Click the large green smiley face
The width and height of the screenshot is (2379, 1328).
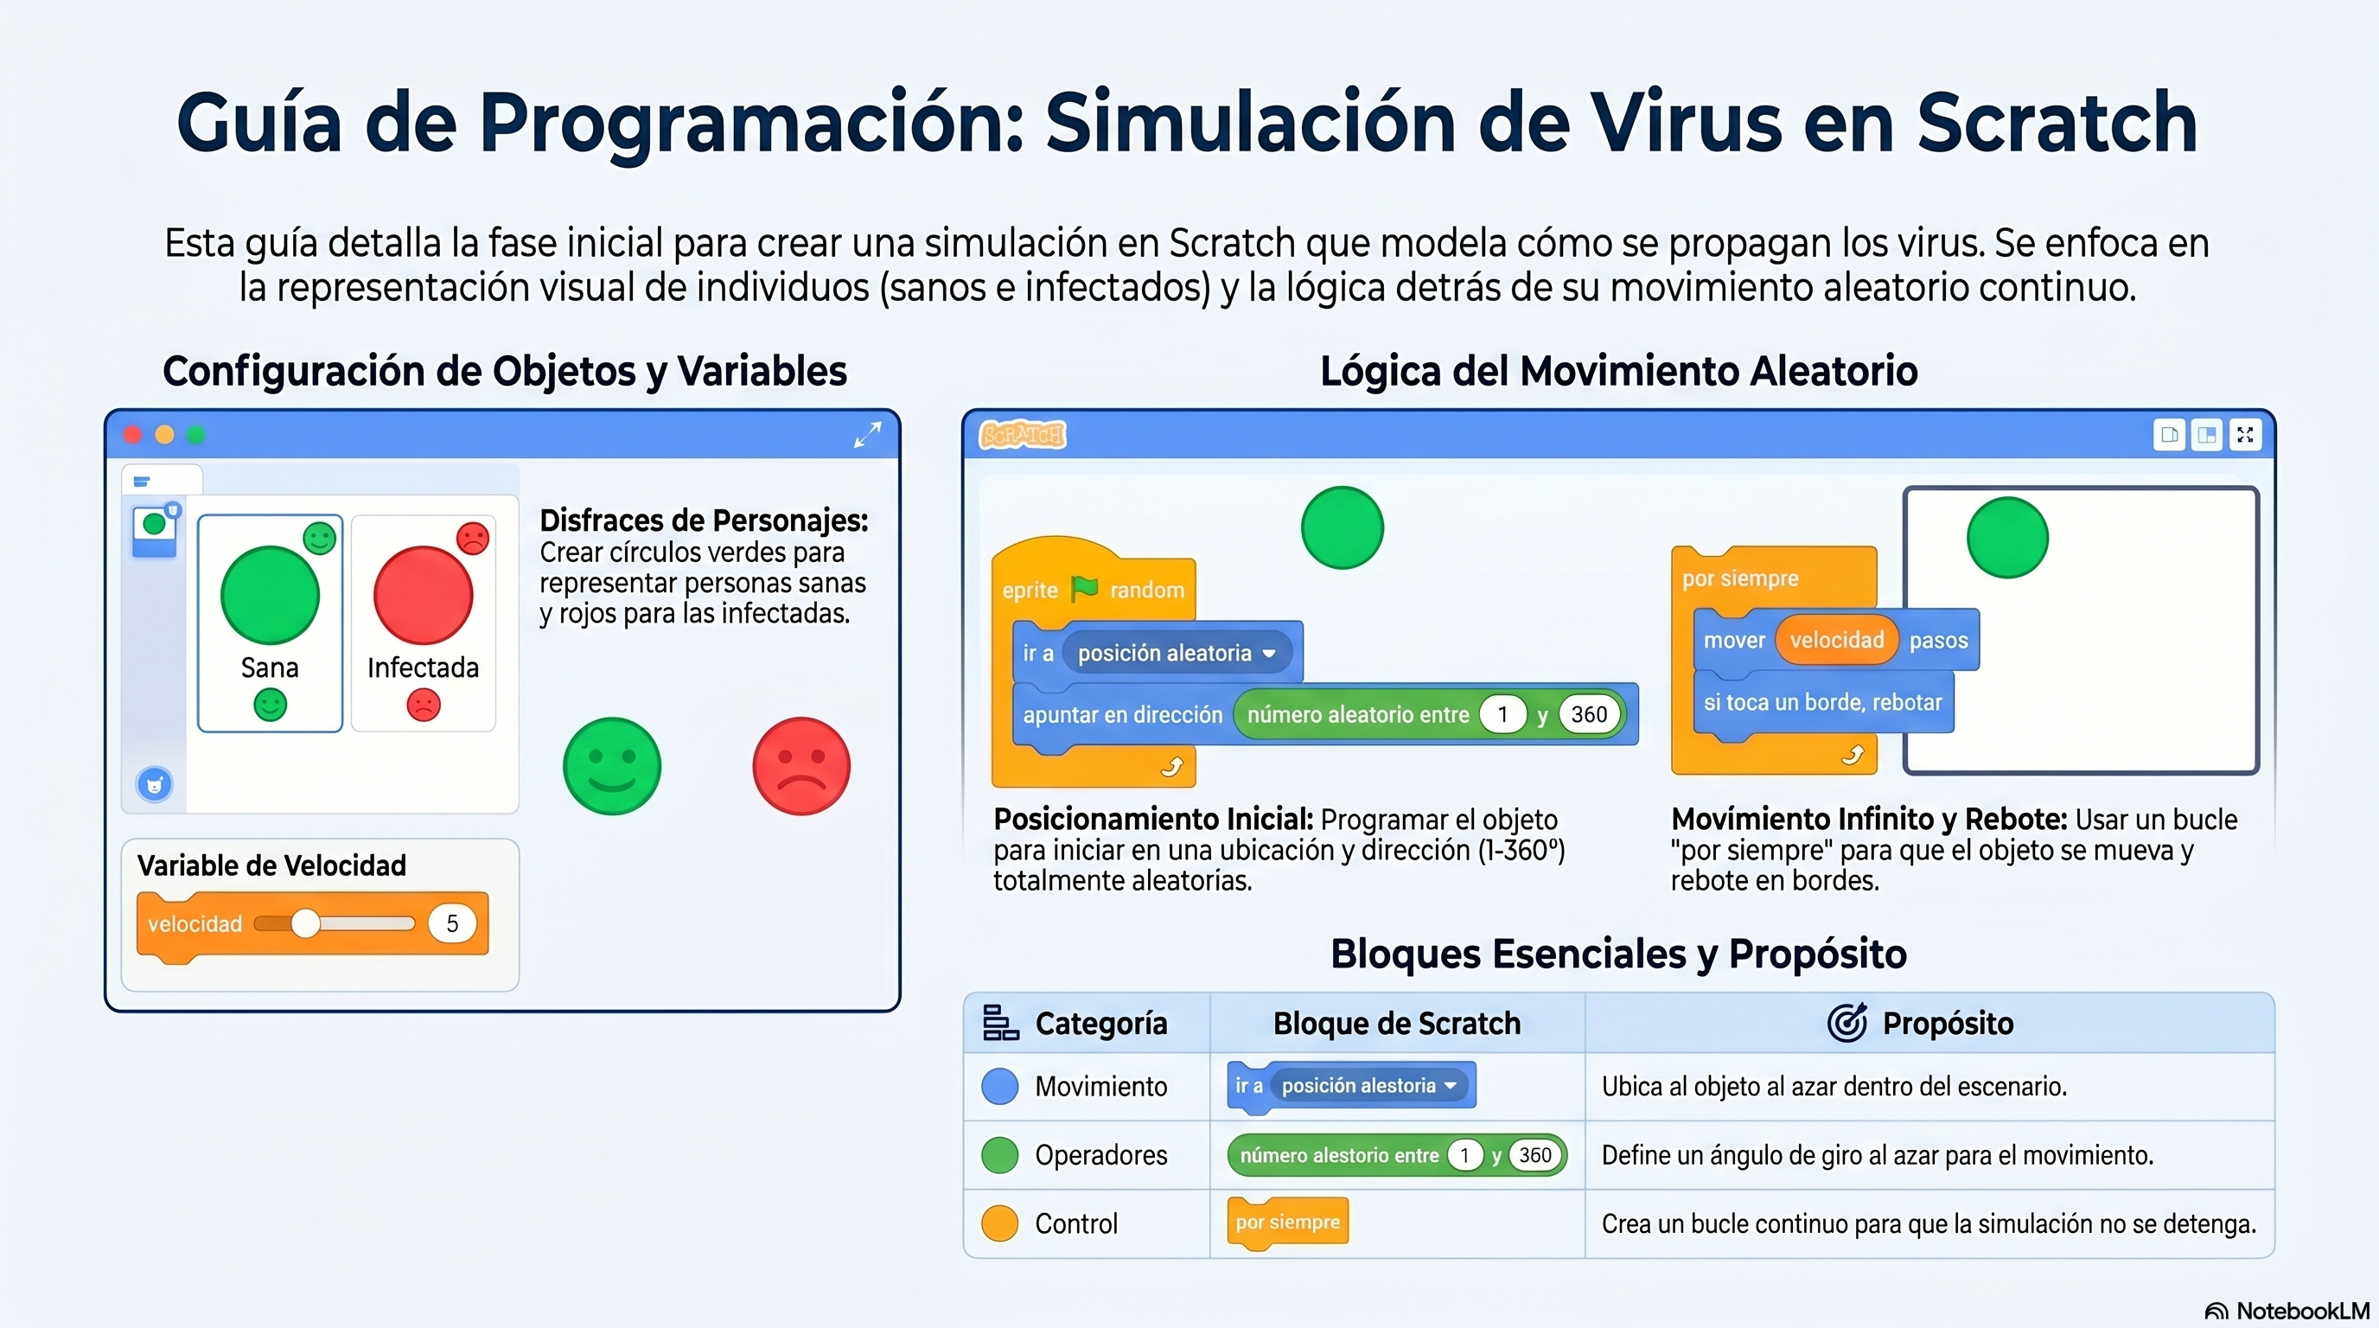click(611, 765)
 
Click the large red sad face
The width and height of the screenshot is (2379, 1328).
click(800, 765)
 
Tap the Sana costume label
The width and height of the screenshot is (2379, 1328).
click(270, 667)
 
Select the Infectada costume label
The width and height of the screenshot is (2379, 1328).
click(423, 667)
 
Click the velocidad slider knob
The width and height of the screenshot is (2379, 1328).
click(305, 923)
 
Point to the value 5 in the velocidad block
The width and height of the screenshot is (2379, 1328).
click(451, 923)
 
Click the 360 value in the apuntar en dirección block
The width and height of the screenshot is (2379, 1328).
click(1590, 714)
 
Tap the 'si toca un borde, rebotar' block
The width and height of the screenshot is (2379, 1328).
click(1823, 703)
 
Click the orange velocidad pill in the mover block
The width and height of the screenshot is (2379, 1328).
click(1836, 640)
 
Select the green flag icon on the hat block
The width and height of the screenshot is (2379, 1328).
click(1084, 588)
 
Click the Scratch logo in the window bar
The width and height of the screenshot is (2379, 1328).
click(1023, 434)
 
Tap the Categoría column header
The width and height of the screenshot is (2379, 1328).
click(1100, 1024)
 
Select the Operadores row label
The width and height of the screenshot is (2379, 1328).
click(1100, 1154)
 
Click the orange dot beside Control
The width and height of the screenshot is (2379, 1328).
click(999, 1223)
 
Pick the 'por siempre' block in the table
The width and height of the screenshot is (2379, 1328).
click(1287, 1223)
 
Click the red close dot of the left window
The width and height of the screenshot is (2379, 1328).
click(132, 435)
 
